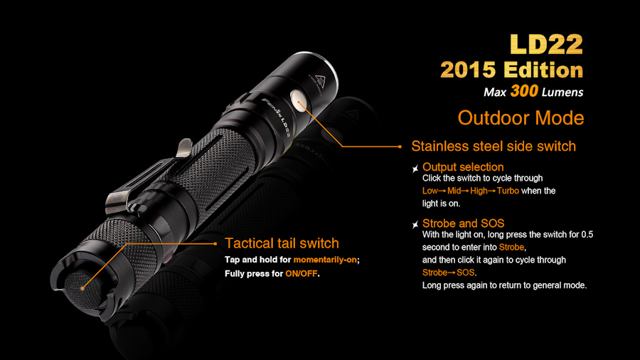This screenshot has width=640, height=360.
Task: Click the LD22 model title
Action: tap(547, 44)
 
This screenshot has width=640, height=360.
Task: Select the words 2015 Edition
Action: tap(512, 70)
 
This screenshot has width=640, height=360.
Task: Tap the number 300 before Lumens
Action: tap(524, 91)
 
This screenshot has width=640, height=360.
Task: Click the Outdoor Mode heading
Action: tap(521, 118)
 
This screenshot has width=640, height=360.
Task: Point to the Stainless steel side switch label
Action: tap(494, 146)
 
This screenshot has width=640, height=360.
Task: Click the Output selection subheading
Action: tap(463, 167)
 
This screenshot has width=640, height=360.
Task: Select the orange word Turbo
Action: tap(508, 191)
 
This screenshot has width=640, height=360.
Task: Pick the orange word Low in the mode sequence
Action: tap(430, 191)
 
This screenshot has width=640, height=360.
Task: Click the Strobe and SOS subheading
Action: tap(463, 223)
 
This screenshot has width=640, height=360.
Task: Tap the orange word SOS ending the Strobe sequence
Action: tap(465, 272)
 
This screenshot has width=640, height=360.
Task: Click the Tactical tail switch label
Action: tap(282, 243)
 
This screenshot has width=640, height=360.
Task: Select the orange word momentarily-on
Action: tap(325, 260)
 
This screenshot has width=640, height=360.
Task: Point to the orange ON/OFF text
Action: tap(302, 273)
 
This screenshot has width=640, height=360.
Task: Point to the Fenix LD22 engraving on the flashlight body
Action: tap(277, 117)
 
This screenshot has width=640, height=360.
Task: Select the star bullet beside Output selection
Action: tap(415, 168)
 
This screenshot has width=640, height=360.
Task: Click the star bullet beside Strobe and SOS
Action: tap(415, 225)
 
